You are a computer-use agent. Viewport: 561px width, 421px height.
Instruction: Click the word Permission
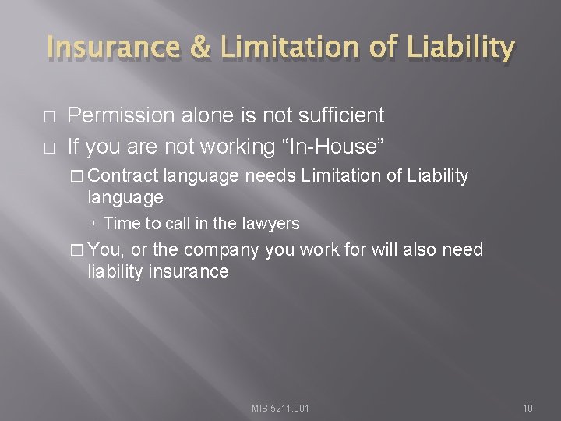(x=121, y=116)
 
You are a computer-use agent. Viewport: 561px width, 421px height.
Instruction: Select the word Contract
(x=128, y=176)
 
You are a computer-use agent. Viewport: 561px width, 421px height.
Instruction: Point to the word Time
(x=121, y=224)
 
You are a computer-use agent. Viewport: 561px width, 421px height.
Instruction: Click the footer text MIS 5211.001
(x=280, y=408)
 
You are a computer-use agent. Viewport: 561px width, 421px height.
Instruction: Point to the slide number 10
(x=527, y=408)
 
